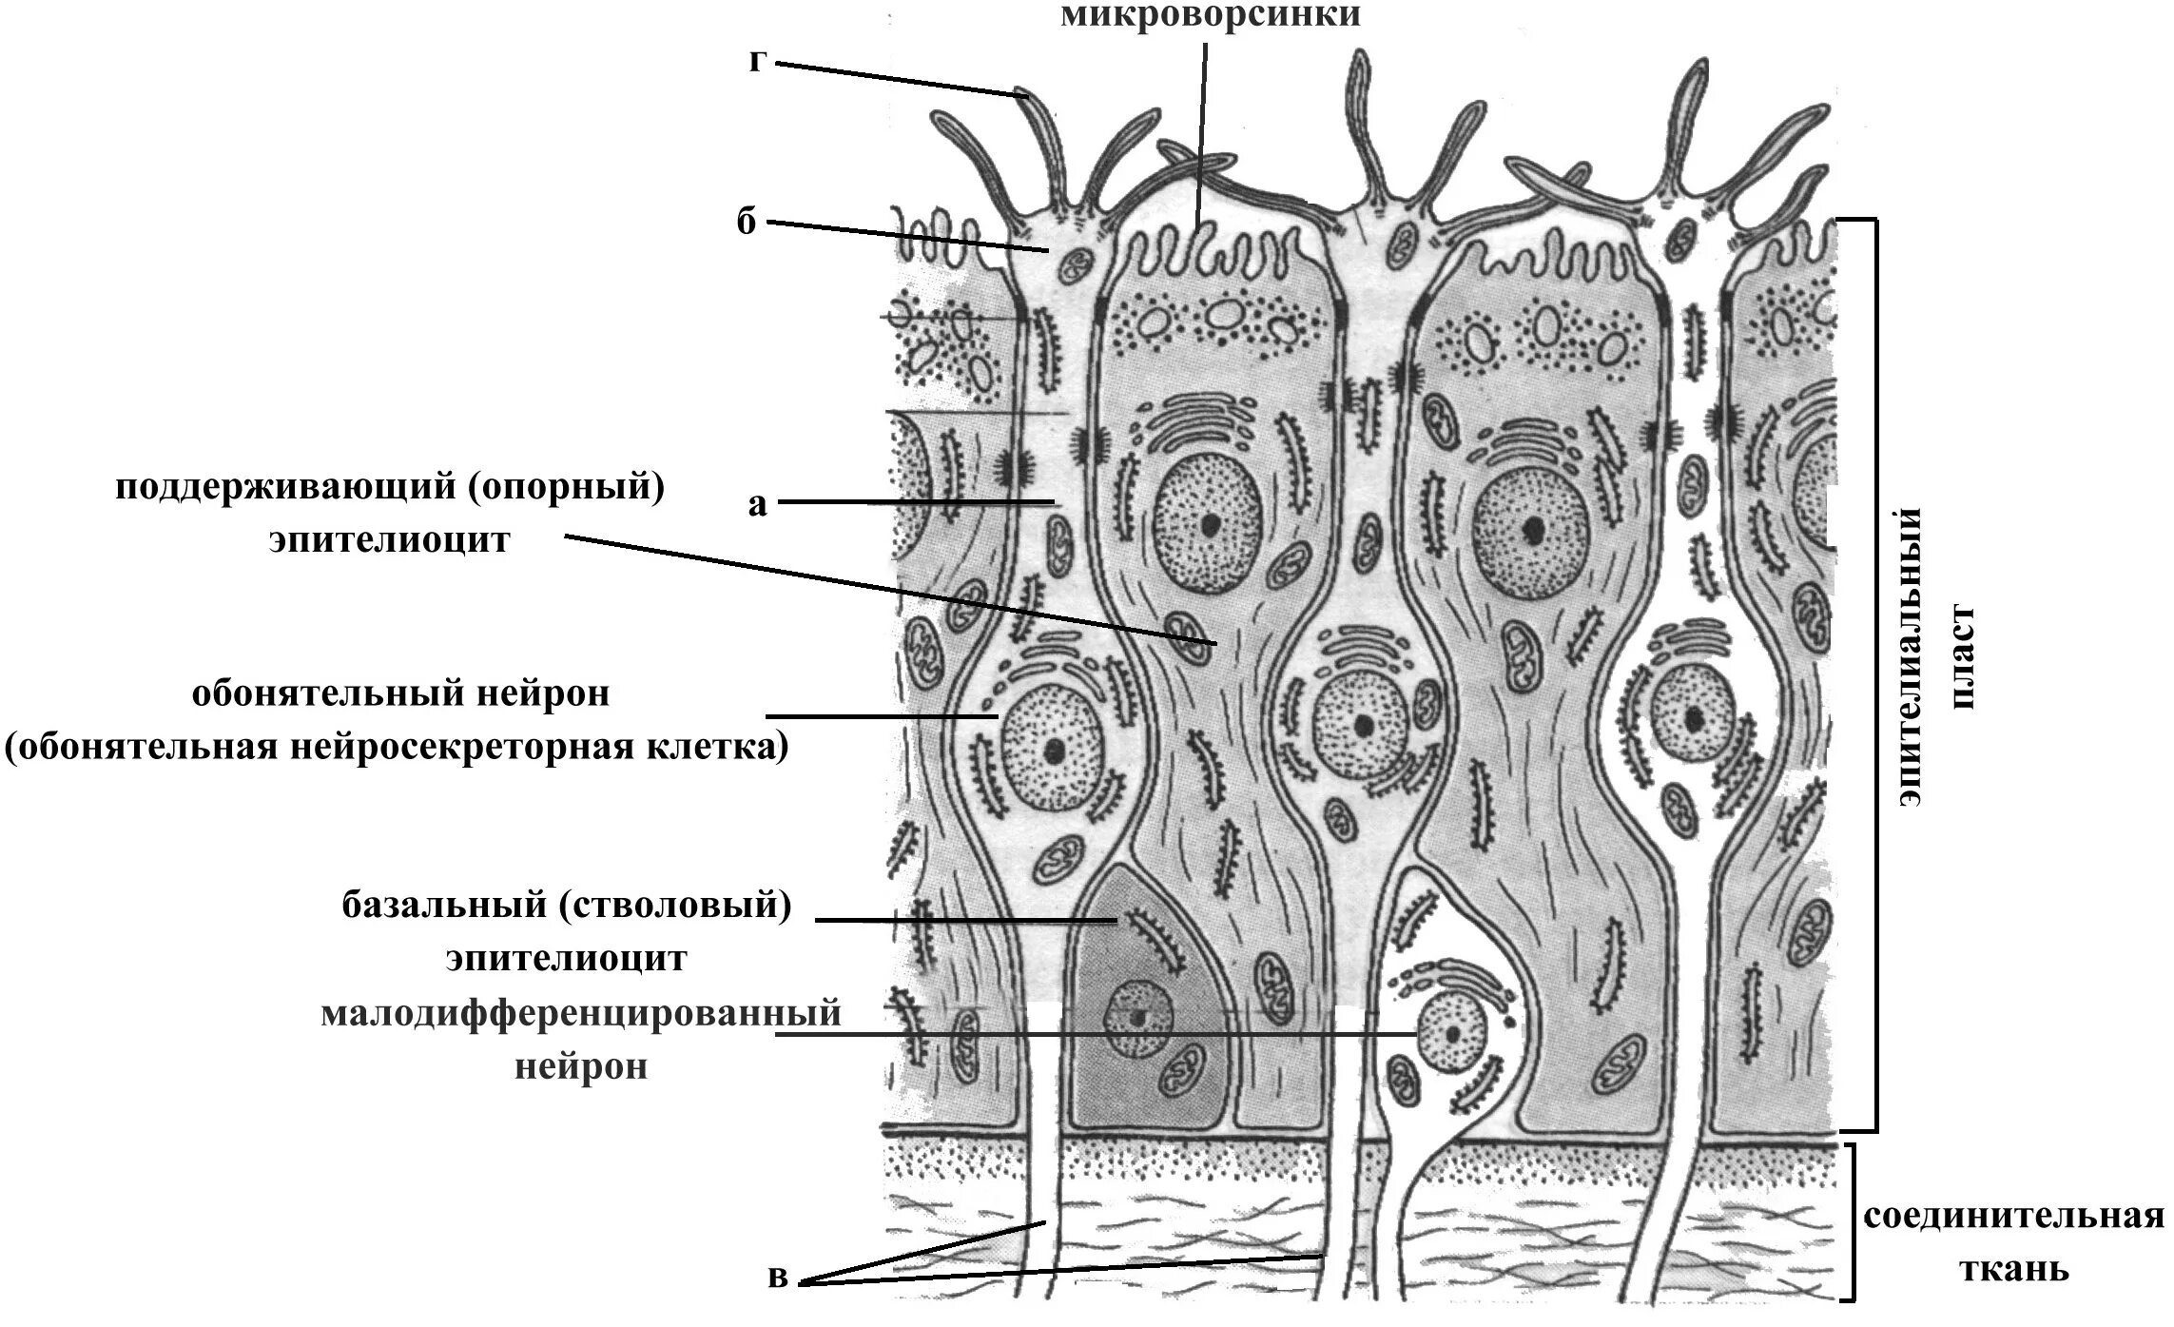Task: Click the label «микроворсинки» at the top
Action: [x=1210, y=16]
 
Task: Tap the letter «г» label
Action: [x=758, y=63]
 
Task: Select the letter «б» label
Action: [x=747, y=223]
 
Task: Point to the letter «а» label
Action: [x=757, y=503]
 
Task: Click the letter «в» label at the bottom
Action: [x=778, y=1277]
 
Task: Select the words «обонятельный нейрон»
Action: [x=400, y=694]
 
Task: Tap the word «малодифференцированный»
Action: [x=581, y=1013]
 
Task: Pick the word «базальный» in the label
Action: [x=442, y=906]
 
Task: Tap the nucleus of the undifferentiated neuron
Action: [x=1452, y=1035]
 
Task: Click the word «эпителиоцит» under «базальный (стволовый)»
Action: [x=567, y=958]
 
